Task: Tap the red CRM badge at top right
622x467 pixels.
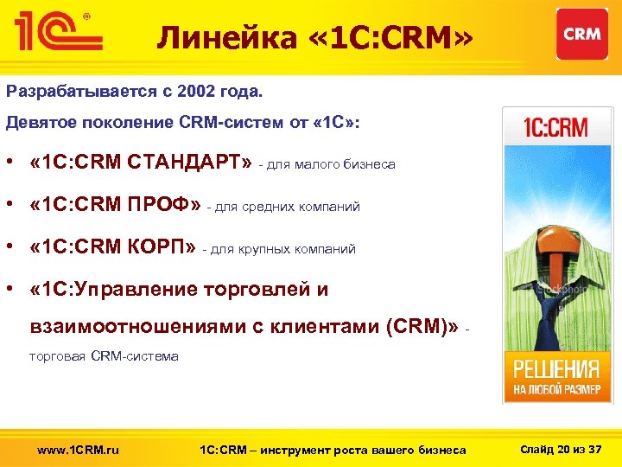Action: click(x=581, y=34)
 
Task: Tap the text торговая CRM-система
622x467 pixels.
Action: click(x=104, y=356)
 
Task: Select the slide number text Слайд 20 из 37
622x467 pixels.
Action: click(x=562, y=449)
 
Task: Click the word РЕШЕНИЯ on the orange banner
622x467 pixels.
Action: click(x=557, y=369)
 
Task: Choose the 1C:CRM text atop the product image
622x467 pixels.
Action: click(x=556, y=129)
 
